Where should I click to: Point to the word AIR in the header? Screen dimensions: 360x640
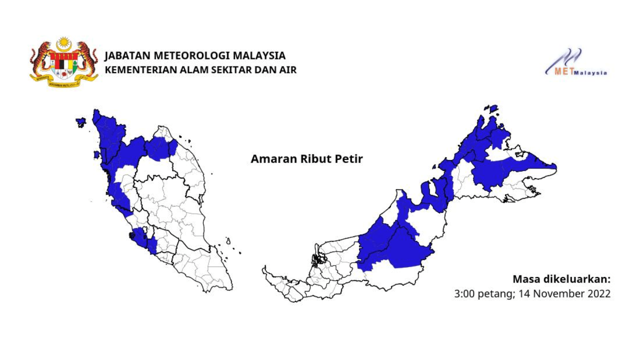[289, 69]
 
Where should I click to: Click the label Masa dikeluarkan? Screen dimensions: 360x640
[561, 279]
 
